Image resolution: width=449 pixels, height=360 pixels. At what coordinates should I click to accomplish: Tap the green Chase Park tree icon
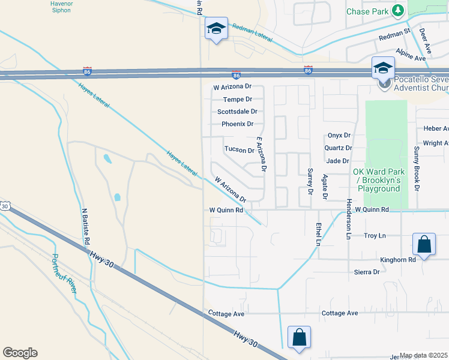(397, 11)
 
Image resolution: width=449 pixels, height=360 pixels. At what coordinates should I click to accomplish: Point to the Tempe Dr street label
(237, 99)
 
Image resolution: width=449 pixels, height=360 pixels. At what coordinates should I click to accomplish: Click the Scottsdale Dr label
(237, 112)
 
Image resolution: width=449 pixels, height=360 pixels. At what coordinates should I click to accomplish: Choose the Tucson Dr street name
(239, 150)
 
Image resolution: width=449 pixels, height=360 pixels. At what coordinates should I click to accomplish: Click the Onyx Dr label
(339, 136)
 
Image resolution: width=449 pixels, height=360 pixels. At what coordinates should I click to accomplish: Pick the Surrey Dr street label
(310, 182)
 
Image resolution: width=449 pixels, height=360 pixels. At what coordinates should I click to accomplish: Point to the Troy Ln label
(375, 236)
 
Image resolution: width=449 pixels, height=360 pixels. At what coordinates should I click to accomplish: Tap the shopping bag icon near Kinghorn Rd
(424, 244)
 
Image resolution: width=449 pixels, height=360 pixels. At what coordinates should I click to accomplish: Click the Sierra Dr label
(367, 272)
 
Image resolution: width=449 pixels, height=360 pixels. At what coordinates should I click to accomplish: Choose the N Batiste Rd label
(86, 226)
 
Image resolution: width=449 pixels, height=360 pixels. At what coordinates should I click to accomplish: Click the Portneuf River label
(63, 274)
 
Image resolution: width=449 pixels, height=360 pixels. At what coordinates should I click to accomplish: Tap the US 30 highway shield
(5, 206)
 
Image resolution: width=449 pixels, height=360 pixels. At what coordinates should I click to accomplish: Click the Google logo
(20, 353)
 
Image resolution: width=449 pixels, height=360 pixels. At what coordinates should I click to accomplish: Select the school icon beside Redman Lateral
(216, 28)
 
